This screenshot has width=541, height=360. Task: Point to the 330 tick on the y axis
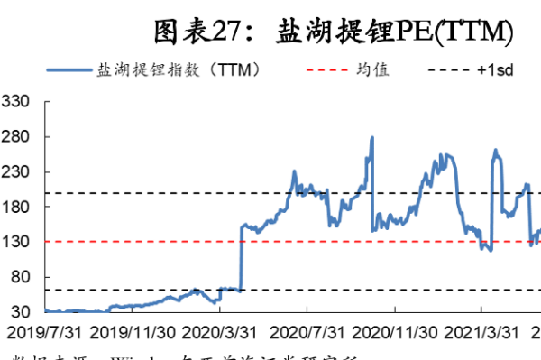16,102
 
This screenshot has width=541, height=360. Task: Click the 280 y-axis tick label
16,137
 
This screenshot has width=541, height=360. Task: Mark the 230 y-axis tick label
16,171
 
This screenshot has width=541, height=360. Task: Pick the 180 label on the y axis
16,207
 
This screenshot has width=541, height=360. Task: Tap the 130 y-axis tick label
16,242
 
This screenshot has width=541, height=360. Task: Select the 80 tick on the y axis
20,277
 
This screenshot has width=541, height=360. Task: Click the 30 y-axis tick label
20,311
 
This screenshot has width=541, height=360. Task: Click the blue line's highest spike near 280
372,138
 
